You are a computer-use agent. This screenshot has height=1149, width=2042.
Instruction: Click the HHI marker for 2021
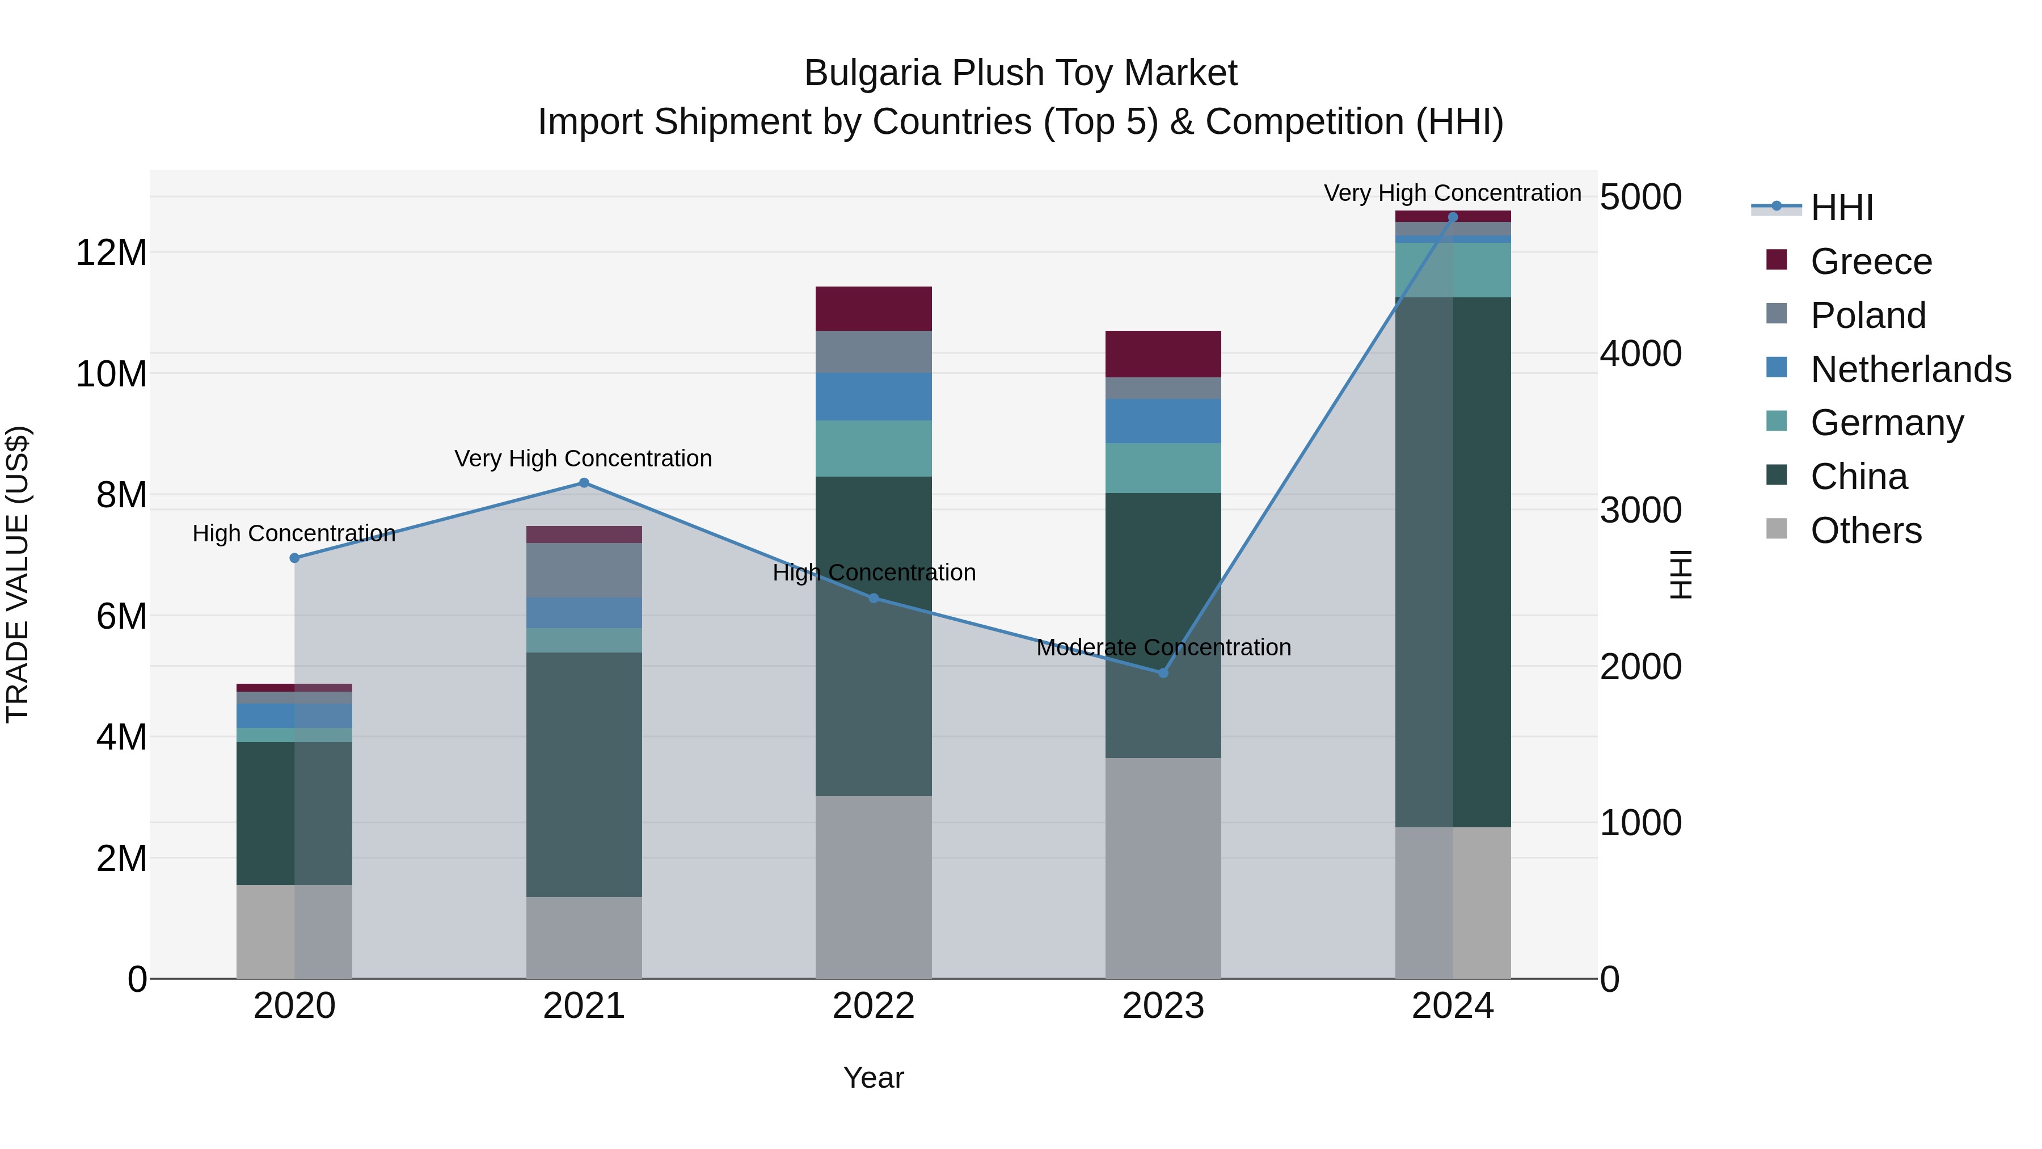tap(584, 483)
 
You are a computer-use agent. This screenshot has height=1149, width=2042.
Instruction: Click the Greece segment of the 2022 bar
tap(874, 309)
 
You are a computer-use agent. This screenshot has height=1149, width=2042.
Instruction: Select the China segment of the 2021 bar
tap(584, 774)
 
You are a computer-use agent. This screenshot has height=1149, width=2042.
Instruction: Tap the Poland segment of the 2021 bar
tap(584, 570)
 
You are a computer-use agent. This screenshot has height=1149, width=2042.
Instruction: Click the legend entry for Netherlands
tap(1910, 369)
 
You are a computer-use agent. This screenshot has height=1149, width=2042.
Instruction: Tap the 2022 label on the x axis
tap(874, 1006)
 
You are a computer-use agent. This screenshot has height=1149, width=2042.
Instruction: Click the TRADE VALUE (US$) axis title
tap(18, 574)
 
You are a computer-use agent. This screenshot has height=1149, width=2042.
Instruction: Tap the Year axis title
tap(874, 1078)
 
